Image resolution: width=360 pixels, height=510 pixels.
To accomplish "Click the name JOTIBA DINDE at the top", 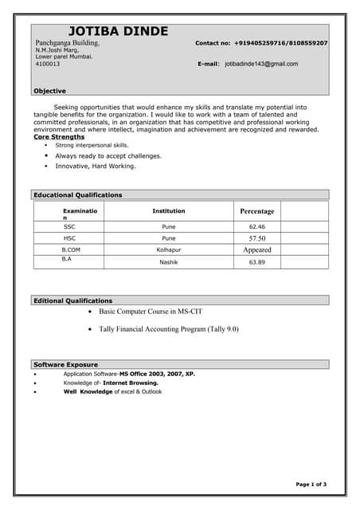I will (x=118, y=31).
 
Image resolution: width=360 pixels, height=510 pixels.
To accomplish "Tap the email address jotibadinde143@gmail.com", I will (x=261, y=64).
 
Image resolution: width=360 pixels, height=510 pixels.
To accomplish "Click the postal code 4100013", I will (x=47, y=64).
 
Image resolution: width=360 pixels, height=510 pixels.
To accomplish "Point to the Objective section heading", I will (x=49, y=91).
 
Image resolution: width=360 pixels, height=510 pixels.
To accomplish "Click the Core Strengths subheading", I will (x=59, y=137).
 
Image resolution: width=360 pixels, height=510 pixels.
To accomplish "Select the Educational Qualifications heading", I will (x=78, y=194).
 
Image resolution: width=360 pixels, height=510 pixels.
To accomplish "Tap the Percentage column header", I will (x=256, y=211).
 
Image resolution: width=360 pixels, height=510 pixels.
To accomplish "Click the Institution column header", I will (x=168, y=211).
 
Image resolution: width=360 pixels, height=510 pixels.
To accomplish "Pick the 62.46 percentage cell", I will (x=256, y=226).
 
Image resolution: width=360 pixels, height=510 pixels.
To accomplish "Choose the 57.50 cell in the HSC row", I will (x=256, y=238).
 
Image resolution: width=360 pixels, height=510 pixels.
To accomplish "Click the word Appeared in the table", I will (x=256, y=249).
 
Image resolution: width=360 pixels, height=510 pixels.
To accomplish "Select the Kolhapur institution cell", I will (x=168, y=249).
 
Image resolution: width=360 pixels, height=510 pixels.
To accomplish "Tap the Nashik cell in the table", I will (x=168, y=262).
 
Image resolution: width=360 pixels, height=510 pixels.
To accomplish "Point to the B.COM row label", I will (x=70, y=249).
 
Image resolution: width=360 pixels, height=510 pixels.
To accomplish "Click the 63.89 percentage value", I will (x=256, y=262).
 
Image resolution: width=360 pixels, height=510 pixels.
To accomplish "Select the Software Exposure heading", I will (x=65, y=364).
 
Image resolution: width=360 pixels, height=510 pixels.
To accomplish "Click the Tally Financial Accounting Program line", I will (x=169, y=328).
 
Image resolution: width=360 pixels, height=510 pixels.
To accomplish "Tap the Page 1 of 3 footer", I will (x=311, y=484).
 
